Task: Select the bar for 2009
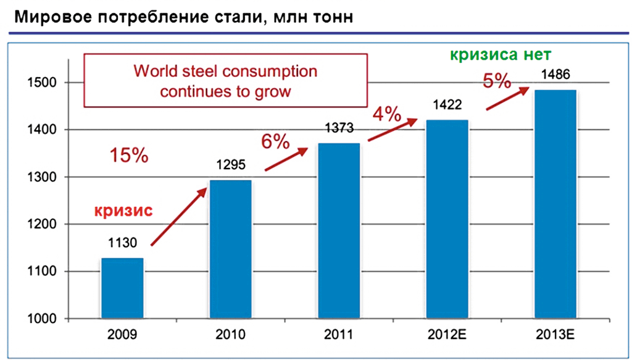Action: point(122,288)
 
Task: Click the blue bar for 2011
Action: point(338,231)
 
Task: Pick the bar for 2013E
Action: point(555,204)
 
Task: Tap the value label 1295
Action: point(230,165)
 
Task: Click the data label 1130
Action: point(122,243)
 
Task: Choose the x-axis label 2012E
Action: point(447,336)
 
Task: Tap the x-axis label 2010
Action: point(230,336)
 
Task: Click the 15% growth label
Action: point(129,156)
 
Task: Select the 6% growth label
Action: point(275,141)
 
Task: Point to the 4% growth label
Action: point(386,114)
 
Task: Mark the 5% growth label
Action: point(497,81)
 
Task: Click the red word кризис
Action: point(123,210)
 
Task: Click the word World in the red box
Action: point(154,71)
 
